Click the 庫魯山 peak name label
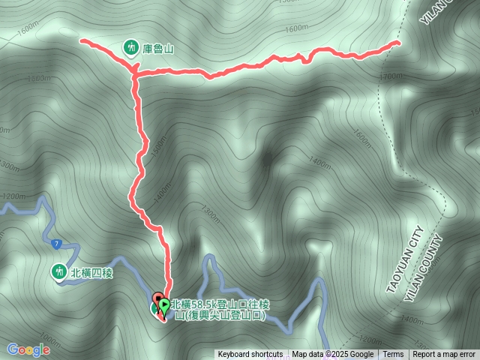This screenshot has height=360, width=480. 158,49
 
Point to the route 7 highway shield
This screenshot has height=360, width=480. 57,244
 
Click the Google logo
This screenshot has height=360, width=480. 28,349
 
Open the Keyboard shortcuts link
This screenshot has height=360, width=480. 250,355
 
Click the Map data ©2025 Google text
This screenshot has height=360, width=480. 332,355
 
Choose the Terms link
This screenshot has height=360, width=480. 393,355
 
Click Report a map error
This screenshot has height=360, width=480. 444,355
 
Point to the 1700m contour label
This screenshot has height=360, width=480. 393,76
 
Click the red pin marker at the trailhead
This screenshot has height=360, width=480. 158,298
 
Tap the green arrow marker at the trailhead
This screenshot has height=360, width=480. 164,305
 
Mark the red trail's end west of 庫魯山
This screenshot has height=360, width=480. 82,40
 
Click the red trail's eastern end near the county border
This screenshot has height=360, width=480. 397,43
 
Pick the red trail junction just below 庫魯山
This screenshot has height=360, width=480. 135,73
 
